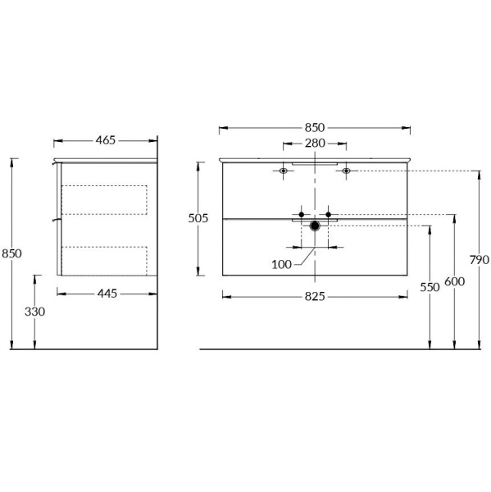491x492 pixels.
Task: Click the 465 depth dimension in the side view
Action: pyautogui.click(x=105, y=140)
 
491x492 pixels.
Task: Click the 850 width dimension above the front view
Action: pyautogui.click(x=315, y=127)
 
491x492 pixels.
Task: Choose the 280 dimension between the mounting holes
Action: pyautogui.click(x=315, y=144)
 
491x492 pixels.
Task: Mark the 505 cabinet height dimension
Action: pyautogui.click(x=198, y=218)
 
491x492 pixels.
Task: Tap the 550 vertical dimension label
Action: pyautogui.click(x=430, y=288)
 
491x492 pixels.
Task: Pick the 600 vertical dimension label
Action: pyautogui.click(x=455, y=281)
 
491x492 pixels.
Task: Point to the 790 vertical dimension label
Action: pyautogui.click(x=480, y=259)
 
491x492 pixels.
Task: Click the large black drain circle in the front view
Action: pyautogui.click(x=315, y=225)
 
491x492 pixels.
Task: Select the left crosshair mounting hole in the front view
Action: pyautogui.click(x=284, y=171)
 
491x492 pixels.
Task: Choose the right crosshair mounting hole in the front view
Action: pyautogui.click(x=346, y=171)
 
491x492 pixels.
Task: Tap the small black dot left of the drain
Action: pyautogui.click(x=302, y=215)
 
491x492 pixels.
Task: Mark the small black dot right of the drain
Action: pyautogui.click(x=328, y=215)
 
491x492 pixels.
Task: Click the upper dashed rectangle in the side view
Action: pyautogui.click(x=104, y=199)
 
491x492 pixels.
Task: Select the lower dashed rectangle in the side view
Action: pyautogui.click(x=104, y=258)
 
